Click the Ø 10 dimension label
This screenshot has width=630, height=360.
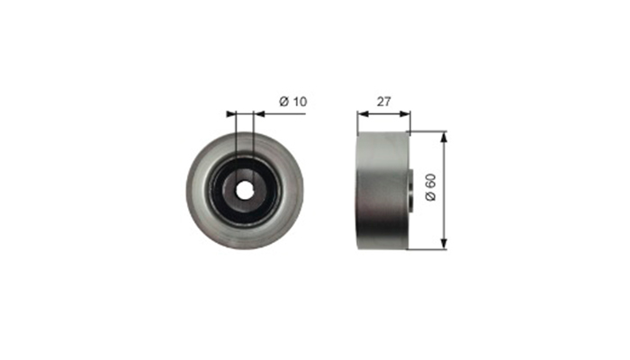pos(292,102)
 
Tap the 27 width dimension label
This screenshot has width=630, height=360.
pos(383,102)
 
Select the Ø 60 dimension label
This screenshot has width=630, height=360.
pos(430,187)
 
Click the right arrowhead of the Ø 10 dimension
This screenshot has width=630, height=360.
pos(259,114)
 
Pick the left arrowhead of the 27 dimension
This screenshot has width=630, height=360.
pos(363,114)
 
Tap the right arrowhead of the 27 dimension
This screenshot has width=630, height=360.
pos(405,114)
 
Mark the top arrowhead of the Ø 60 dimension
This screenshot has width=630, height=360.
pos(444,137)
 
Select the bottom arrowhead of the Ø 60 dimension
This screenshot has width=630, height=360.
pos(444,244)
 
